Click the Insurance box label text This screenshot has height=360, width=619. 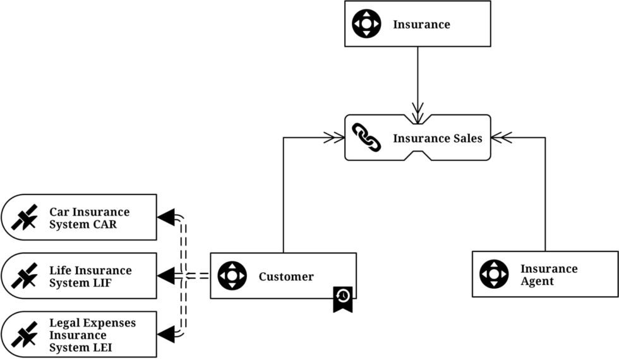[421, 25]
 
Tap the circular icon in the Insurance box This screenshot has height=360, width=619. [366, 24]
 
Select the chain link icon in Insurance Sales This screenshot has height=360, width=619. [366, 138]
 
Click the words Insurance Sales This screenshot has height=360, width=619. [437, 138]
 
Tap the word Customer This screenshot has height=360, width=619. [285, 277]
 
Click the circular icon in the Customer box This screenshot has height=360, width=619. [232, 276]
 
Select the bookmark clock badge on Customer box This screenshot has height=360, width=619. [343, 298]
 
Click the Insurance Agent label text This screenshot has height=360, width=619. [548, 275]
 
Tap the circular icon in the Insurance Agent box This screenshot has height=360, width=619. [493, 274]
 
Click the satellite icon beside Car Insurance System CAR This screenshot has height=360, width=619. [25, 217]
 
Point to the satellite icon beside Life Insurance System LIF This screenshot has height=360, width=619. [25, 276]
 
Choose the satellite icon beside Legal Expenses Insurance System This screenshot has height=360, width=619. [25, 335]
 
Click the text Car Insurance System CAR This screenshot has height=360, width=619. [89, 218]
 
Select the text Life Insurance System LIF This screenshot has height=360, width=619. [90, 277]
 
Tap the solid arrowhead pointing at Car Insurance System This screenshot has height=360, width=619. [165, 217]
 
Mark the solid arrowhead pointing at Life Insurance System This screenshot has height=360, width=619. [165, 276]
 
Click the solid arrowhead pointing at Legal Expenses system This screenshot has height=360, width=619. [165, 334]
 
